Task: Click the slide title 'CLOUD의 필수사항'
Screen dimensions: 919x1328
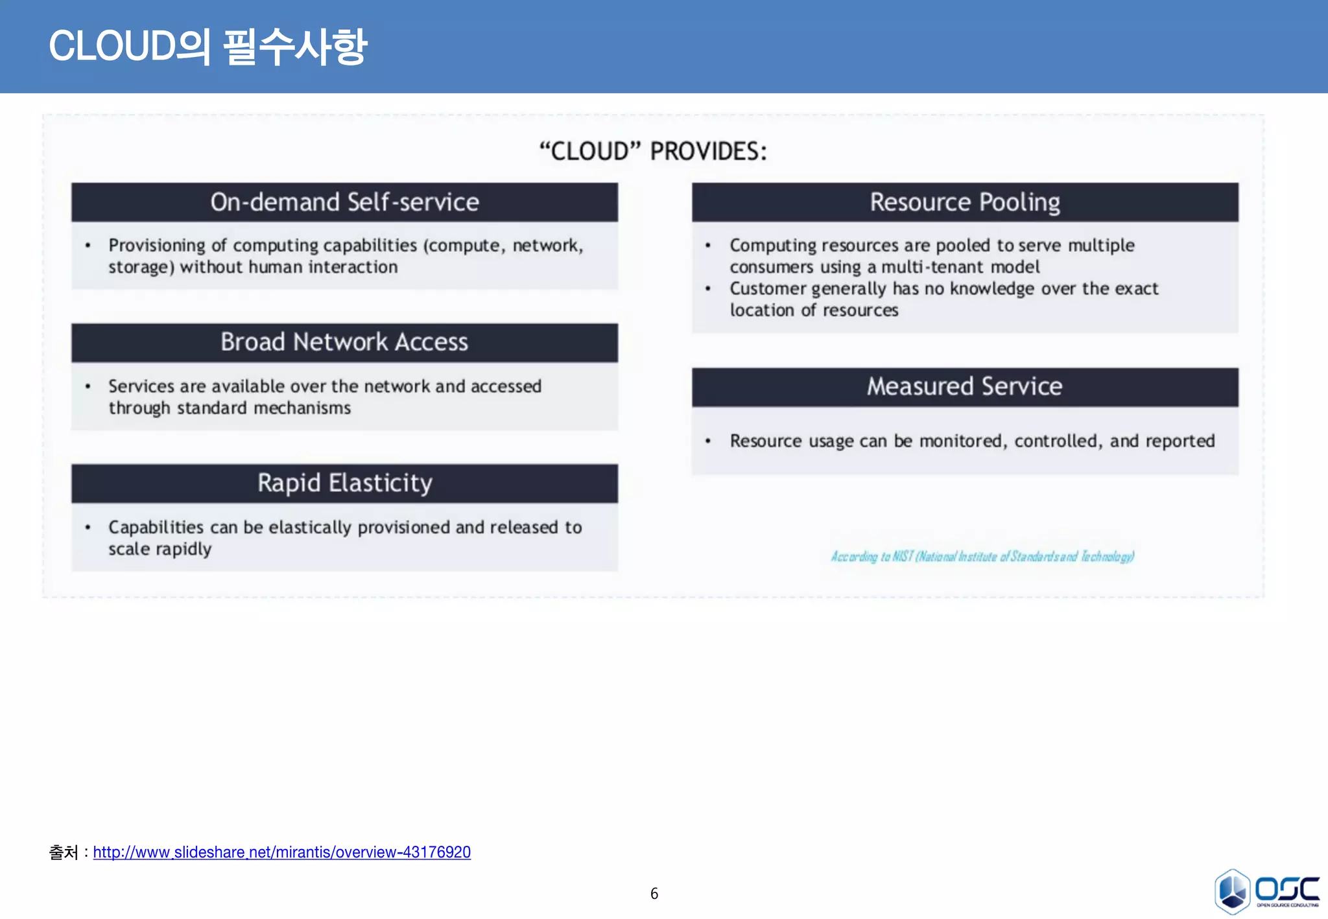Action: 207,47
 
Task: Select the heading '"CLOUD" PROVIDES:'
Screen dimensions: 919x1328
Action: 653,152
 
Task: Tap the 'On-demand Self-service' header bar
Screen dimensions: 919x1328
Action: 344,202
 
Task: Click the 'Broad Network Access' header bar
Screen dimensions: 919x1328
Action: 344,342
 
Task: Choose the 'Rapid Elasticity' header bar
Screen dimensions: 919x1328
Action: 344,483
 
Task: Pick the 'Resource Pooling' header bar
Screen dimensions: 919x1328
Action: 965,202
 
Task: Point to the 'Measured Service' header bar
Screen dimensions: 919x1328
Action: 965,387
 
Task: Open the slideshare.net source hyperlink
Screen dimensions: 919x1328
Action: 281,852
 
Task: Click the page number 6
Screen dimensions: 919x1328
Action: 654,894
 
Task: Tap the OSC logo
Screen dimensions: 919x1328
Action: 1266,892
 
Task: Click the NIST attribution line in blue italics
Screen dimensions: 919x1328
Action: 982,557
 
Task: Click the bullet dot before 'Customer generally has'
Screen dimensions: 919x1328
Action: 708,289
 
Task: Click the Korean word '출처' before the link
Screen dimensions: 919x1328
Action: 64,852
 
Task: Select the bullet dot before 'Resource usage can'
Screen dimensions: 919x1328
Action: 708,441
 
